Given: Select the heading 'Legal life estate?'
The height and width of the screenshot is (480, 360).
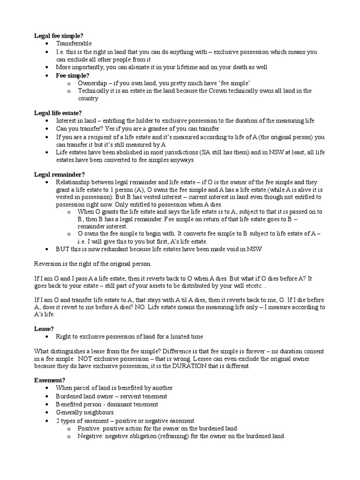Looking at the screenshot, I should click(x=58, y=113).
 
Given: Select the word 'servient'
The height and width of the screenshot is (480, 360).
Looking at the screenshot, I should click(x=130, y=396).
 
